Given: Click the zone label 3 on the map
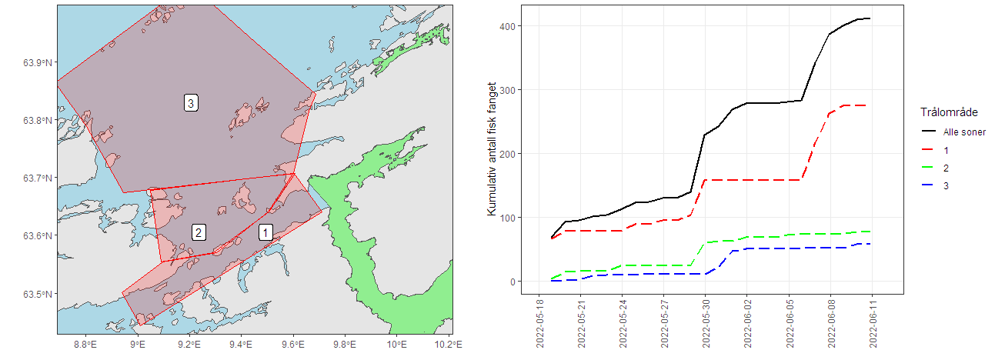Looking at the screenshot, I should tap(191, 102).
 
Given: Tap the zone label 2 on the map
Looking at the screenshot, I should tap(199, 232).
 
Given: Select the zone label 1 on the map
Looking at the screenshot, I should tap(265, 232).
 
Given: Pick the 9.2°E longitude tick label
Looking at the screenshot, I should tap(190, 343).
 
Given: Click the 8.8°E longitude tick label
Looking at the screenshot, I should tap(87, 343).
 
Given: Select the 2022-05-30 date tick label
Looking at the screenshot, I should tap(706, 324).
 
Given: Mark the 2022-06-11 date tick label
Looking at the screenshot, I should tap(872, 324).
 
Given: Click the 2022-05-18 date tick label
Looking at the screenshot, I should tap(539, 324).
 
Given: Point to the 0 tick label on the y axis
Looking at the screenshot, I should tap(511, 282).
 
